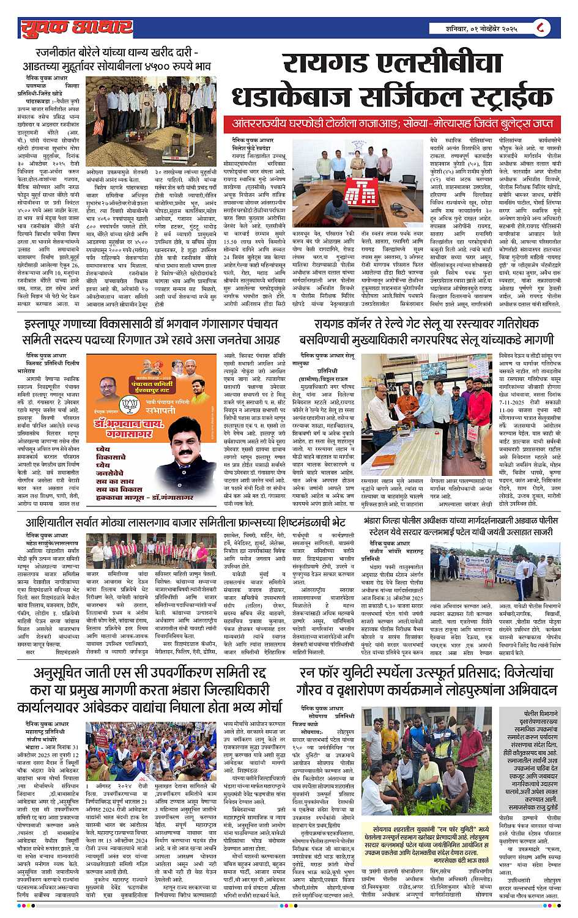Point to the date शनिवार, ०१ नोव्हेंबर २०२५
click(x=482, y=28)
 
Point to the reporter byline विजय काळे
click(x=319, y=723)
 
